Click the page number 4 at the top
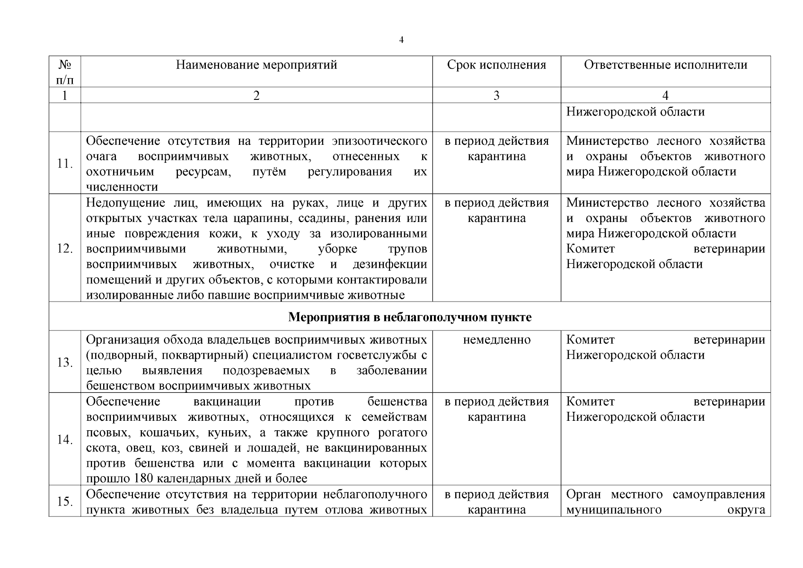click(401, 40)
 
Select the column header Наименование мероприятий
click(256, 65)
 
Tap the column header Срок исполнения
click(496, 65)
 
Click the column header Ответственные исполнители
click(665, 65)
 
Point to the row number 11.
click(64, 164)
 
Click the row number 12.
click(64, 248)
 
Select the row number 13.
click(64, 363)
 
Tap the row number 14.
click(64, 440)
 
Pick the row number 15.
click(64, 502)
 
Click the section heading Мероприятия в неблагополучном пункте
click(410, 317)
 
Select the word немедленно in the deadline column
click(496, 340)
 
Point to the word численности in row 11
click(122, 187)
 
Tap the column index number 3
click(496, 96)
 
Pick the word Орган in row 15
click(583, 495)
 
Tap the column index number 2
click(256, 96)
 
